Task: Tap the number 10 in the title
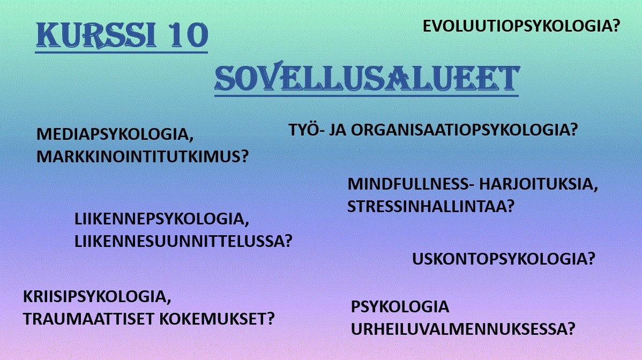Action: click(x=188, y=35)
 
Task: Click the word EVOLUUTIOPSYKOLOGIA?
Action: click(x=521, y=26)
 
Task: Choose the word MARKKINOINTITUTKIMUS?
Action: click(x=143, y=156)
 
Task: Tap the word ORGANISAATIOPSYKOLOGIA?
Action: click(x=464, y=130)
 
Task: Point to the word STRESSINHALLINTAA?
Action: click(x=431, y=206)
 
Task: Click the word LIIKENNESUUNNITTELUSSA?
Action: click(x=183, y=241)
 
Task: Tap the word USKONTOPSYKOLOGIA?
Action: click(x=503, y=259)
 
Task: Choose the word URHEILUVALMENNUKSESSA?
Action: click(x=463, y=329)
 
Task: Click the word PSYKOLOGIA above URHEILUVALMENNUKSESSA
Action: click(x=400, y=307)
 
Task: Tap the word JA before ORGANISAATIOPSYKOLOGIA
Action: click(x=338, y=130)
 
